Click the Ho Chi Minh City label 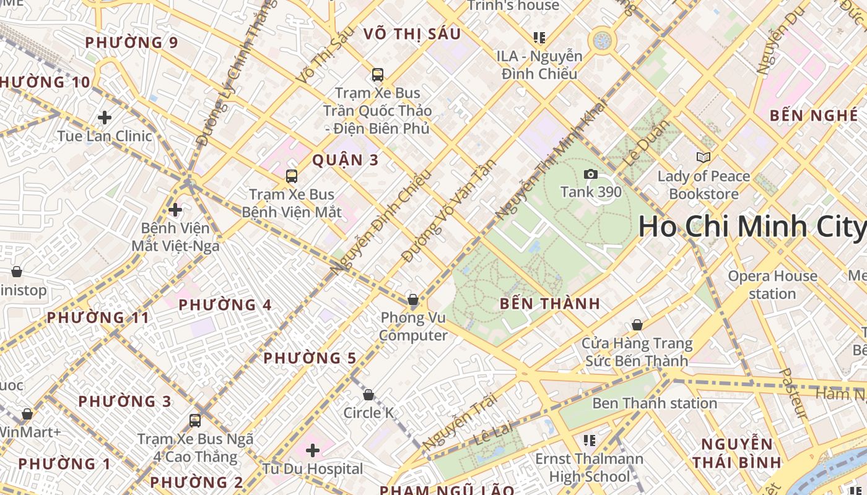click(752, 226)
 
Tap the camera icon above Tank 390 click(591, 174)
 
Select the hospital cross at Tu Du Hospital click(313, 450)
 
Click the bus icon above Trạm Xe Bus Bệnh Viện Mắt click(292, 176)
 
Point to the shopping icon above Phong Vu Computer click(413, 300)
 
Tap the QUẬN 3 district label click(345, 160)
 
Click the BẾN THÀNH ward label click(549, 304)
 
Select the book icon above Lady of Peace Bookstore click(703, 157)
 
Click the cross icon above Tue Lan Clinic click(105, 118)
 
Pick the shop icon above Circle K click(368, 395)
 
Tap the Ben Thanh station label click(655, 403)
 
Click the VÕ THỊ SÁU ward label click(412, 34)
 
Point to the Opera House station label click(772, 285)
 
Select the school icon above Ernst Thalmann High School click(590, 441)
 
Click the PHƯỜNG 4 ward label click(225, 305)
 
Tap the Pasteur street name click(793, 394)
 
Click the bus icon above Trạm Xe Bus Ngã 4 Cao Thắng click(195, 421)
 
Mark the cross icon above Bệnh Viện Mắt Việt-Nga click(175, 210)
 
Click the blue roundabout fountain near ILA click(601, 41)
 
